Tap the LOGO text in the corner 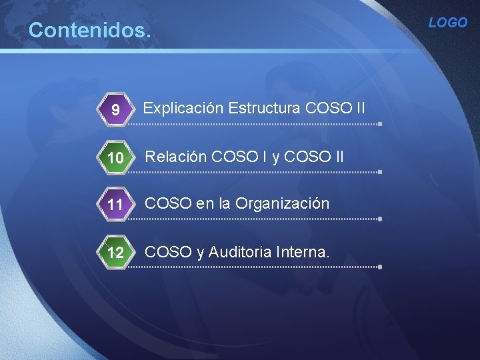pos(447,23)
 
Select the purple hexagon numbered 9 pos(115,109)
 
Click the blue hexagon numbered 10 pos(115,158)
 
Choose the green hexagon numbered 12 pos(115,253)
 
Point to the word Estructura pos(263,108)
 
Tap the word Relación pos(175,157)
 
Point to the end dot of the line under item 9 pos(379,124)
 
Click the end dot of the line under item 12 pos(379,267)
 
